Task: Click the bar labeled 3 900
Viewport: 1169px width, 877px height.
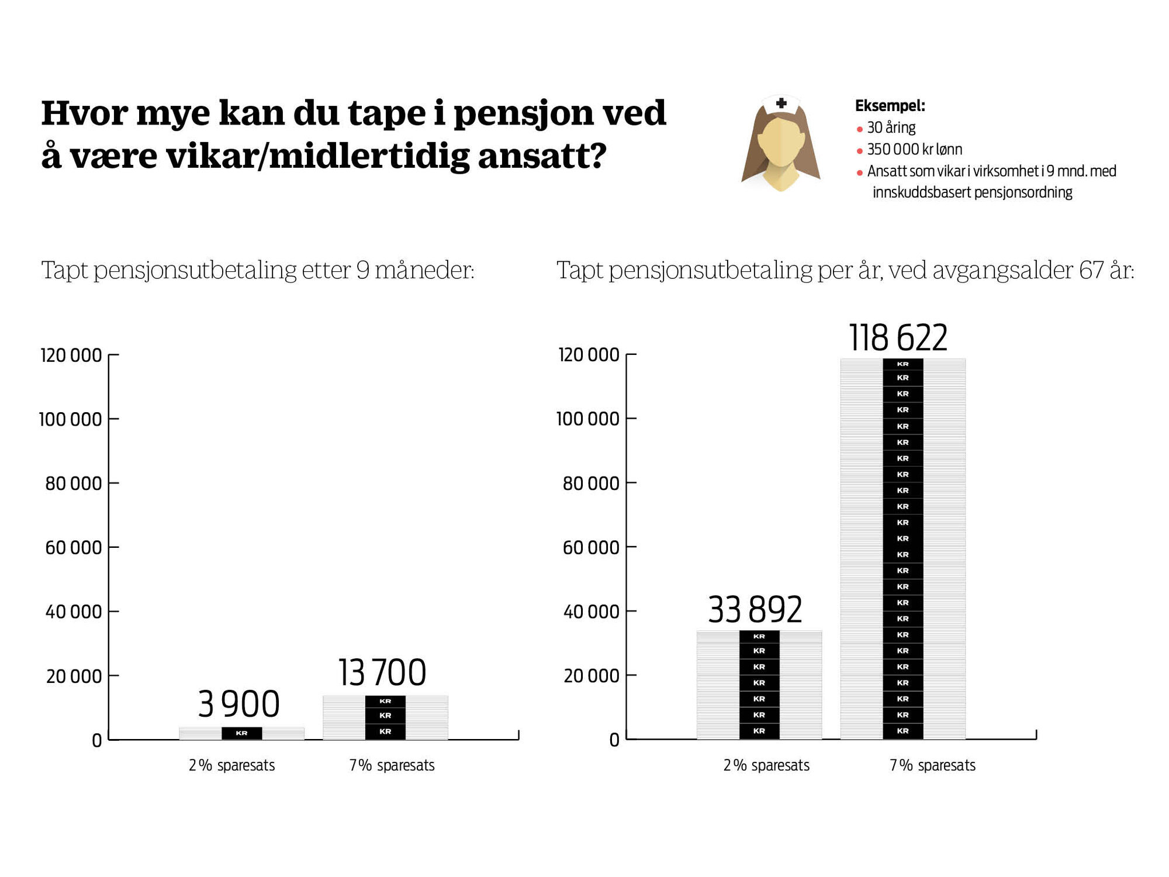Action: tap(241, 733)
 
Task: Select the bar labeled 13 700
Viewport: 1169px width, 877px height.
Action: tap(385, 717)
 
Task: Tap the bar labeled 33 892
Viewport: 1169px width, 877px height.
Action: tap(759, 685)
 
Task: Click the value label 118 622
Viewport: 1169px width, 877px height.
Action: tap(898, 338)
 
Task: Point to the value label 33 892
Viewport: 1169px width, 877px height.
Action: tap(755, 609)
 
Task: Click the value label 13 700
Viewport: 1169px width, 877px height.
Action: tap(382, 672)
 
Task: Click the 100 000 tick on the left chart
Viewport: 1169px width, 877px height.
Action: tap(70, 419)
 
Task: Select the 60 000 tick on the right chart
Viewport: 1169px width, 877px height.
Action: tap(590, 547)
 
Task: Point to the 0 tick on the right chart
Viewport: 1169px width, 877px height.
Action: tap(614, 740)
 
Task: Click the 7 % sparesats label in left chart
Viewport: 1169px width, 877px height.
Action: tap(392, 765)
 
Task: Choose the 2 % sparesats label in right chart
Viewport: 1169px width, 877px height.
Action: tap(766, 765)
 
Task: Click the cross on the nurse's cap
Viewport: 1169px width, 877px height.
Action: tap(781, 103)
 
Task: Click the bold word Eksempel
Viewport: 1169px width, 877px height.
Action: tap(890, 106)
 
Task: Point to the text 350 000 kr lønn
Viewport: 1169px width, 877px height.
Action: tap(914, 150)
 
